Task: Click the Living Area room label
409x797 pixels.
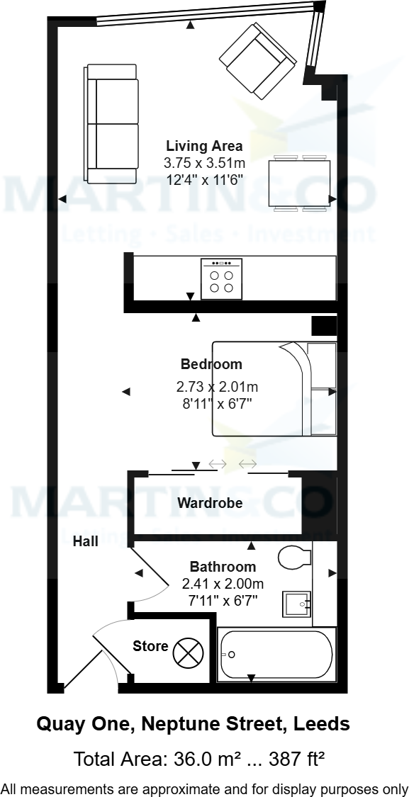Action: pos(204,147)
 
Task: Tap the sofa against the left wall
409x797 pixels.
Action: pos(111,123)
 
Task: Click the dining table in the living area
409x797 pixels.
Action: pos(299,183)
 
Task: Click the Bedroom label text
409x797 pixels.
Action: pos(211,364)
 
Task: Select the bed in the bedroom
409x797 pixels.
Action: pos(273,389)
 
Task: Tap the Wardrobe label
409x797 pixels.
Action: pos(210,504)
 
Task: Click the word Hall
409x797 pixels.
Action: pos(85,542)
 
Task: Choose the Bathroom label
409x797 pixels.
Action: pos(223,567)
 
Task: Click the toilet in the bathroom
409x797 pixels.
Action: pos(295,558)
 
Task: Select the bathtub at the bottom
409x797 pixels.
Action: pos(276,655)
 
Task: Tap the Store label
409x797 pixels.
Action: pos(150,645)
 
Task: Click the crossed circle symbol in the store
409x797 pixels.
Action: pos(189,653)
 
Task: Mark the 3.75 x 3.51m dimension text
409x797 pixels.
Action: pos(204,163)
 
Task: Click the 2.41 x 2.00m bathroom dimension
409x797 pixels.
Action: pos(223,584)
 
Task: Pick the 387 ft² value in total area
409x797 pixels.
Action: pos(298,760)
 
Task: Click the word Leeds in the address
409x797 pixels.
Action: pos(323,724)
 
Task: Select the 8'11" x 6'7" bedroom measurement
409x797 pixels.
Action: pos(217,404)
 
